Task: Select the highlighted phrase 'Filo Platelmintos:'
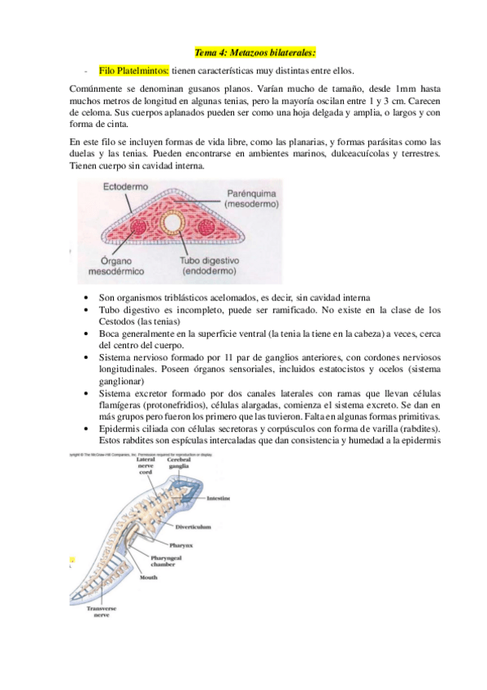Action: coord(134,70)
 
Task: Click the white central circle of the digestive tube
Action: coord(172,222)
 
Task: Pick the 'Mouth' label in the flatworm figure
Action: coord(148,577)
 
